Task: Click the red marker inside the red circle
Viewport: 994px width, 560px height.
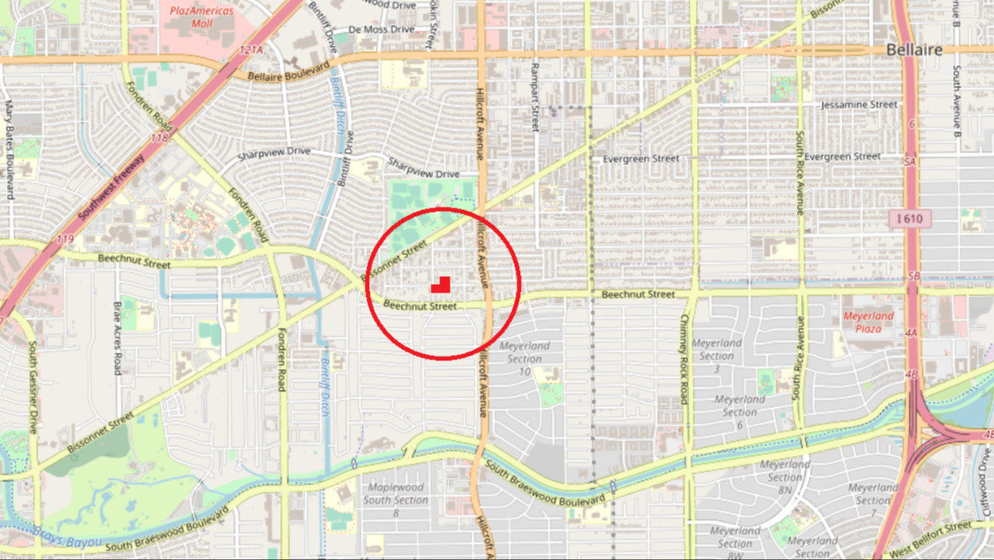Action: click(442, 284)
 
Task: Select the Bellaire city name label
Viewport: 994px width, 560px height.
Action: click(914, 50)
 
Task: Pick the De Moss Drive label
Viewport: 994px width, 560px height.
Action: click(381, 30)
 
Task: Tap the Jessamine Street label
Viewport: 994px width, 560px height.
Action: click(859, 104)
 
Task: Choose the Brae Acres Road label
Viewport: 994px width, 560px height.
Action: click(117, 338)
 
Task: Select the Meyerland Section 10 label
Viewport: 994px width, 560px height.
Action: click(525, 358)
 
